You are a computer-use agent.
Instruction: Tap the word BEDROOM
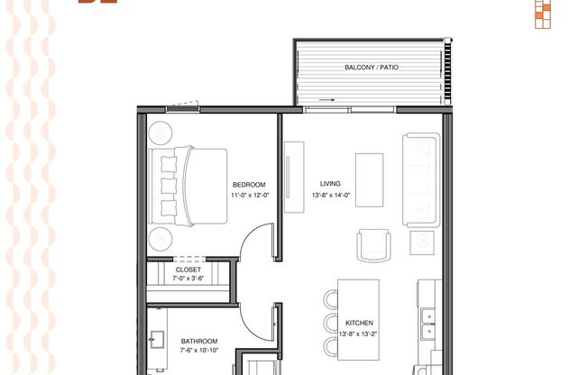pos(248,185)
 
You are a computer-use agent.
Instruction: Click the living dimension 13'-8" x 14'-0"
pos(329,195)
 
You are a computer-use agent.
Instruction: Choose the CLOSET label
pos(188,270)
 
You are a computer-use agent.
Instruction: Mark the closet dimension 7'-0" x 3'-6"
pos(188,279)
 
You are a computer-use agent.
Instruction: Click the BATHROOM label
pos(198,342)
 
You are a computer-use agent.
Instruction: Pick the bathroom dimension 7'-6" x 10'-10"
pos(199,351)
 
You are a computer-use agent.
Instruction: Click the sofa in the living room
pos(421,180)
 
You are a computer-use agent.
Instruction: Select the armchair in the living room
pos(375,244)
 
